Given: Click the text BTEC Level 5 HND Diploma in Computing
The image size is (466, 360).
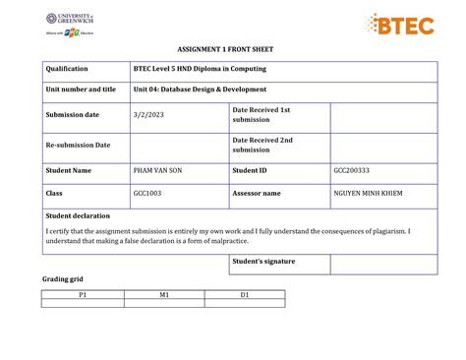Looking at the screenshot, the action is click(200, 69).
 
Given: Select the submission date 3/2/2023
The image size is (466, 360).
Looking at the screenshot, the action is click(146, 115).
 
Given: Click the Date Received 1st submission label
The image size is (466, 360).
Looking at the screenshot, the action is click(261, 115).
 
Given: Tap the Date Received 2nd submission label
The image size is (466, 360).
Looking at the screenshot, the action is click(262, 145).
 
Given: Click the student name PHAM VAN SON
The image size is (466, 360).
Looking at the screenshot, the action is click(157, 170).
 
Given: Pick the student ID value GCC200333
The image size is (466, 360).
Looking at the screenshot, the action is click(352, 170).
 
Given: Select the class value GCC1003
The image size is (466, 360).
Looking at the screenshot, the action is click(146, 193).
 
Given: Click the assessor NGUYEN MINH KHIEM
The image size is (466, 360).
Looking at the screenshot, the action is click(368, 193).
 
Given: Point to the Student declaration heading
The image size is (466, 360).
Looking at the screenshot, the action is click(78, 215).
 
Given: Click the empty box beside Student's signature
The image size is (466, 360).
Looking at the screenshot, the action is click(383, 264).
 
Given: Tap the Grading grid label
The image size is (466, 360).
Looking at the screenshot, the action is click(62, 279).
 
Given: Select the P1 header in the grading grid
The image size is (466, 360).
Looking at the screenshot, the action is click(83, 294).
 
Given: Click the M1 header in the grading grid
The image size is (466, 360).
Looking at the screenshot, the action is click(164, 294).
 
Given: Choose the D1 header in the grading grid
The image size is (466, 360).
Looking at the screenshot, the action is click(245, 294).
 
